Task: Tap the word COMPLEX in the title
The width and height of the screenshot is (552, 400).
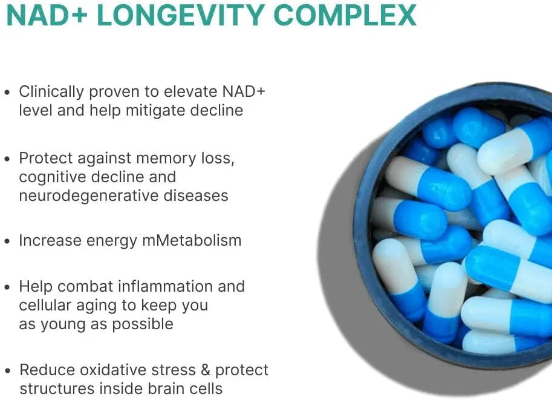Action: click(x=345, y=15)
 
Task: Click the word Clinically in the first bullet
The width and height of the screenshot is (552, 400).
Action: click(x=51, y=92)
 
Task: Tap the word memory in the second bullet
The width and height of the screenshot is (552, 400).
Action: click(x=169, y=159)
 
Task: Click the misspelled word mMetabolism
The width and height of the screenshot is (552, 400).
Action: click(x=192, y=240)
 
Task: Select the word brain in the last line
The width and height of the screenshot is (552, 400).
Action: click(x=155, y=389)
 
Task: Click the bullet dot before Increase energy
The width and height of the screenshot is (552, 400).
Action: click(x=7, y=241)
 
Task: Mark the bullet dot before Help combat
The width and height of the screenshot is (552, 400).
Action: click(x=7, y=287)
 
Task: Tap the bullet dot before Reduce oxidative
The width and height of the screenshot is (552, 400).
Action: click(x=7, y=370)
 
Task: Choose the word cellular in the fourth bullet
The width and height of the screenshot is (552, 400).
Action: click(x=44, y=305)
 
